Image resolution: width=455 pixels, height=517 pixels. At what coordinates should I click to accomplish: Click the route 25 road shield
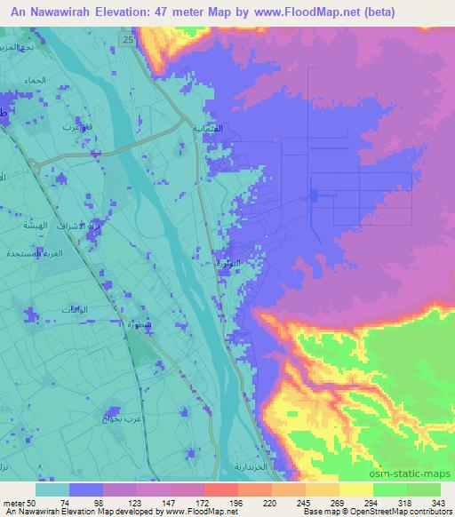(130, 42)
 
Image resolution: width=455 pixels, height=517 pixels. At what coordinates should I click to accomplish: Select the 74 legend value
(66, 503)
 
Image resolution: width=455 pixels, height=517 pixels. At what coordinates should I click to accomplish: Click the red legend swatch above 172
(222, 489)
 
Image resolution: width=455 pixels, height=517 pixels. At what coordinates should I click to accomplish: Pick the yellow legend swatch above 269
(324, 489)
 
